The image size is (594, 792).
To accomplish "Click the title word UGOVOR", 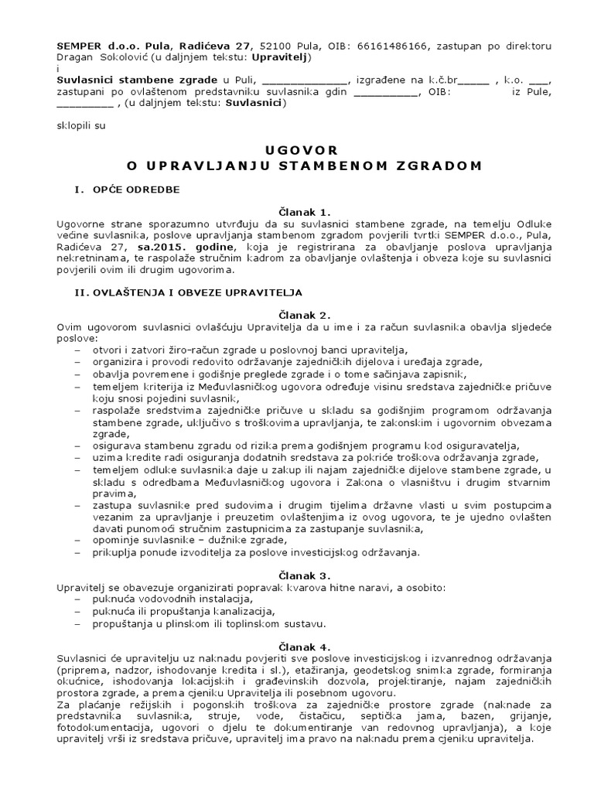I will (x=298, y=150).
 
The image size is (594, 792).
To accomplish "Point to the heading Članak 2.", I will (x=298, y=315).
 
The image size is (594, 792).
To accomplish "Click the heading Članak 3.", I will (x=298, y=575).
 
